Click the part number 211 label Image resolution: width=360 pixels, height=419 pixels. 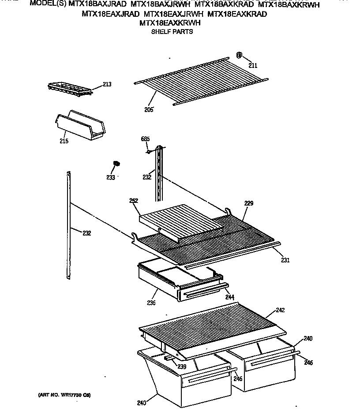(x=252, y=66)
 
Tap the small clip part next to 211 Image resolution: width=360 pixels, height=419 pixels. (x=239, y=55)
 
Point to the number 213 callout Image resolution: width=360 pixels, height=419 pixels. (x=107, y=84)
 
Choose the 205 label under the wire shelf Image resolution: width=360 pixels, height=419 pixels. (x=148, y=109)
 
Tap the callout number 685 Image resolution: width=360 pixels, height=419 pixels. (x=145, y=139)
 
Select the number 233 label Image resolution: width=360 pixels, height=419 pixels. (x=110, y=178)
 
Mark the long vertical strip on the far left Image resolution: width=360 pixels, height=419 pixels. (x=68, y=225)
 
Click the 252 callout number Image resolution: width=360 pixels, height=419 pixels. (x=134, y=201)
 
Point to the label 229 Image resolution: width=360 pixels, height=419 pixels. (x=249, y=203)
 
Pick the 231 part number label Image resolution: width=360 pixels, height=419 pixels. (x=285, y=260)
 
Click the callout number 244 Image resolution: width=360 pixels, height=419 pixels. (x=229, y=298)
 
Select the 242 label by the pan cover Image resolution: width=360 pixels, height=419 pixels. (x=280, y=310)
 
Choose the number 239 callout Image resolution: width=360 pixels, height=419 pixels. (x=182, y=367)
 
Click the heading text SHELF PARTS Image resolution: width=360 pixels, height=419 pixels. (x=172, y=32)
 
